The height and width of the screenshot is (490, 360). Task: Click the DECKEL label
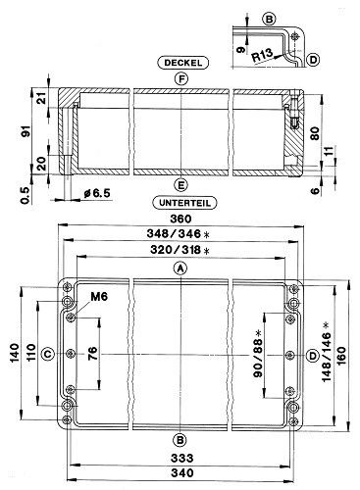coord(182,63)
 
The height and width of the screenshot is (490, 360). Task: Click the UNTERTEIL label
coord(184,203)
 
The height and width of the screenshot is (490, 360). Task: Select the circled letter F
coord(180,78)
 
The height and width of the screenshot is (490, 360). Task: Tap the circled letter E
coord(180,185)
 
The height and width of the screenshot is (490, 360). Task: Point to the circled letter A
coord(180,269)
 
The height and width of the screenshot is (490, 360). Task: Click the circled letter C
coord(48,354)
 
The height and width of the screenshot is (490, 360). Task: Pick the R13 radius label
coord(262,55)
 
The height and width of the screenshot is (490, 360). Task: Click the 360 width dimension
coord(180,219)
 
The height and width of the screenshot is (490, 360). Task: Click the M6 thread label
coord(99,297)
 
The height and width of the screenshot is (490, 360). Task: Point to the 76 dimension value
coord(92,352)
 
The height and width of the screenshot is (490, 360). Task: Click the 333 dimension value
coord(181,458)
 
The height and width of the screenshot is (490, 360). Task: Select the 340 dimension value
coord(181,472)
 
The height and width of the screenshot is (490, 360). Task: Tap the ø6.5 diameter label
coord(97,193)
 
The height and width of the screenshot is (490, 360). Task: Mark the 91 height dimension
coord(27,130)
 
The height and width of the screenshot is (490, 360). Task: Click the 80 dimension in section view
coord(315,133)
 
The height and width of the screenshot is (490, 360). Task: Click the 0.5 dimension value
coord(26,195)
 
